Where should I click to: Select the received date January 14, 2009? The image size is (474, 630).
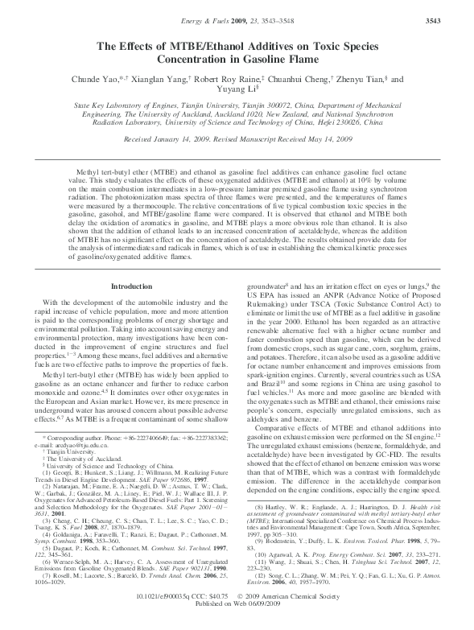(183, 138)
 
